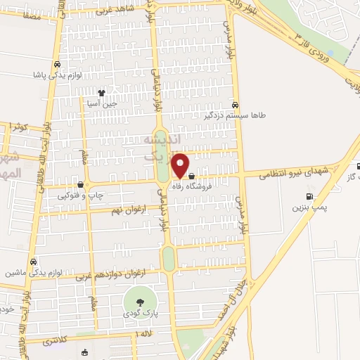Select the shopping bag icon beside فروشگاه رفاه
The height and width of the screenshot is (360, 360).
pyautogui.click(x=191, y=186)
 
